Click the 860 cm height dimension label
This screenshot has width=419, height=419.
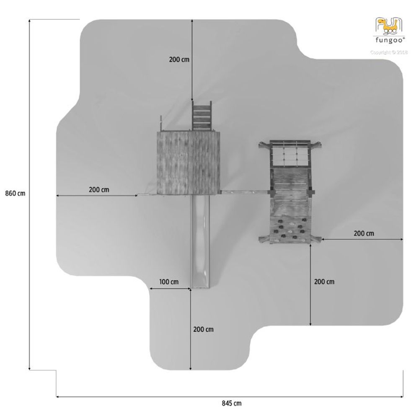tap(15, 193)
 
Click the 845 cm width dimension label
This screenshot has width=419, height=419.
tap(232, 403)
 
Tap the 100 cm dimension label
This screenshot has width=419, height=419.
tap(169, 282)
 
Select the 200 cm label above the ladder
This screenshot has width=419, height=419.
tap(179, 59)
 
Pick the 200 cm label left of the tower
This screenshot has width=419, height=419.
tap(99, 190)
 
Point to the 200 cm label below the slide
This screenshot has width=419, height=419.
tap(203, 329)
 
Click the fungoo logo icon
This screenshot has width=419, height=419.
tap(389, 26)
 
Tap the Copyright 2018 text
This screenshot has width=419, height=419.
tap(389, 52)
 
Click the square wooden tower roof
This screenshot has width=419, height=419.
tap(189, 163)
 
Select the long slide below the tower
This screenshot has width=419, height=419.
tap(200, 241)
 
